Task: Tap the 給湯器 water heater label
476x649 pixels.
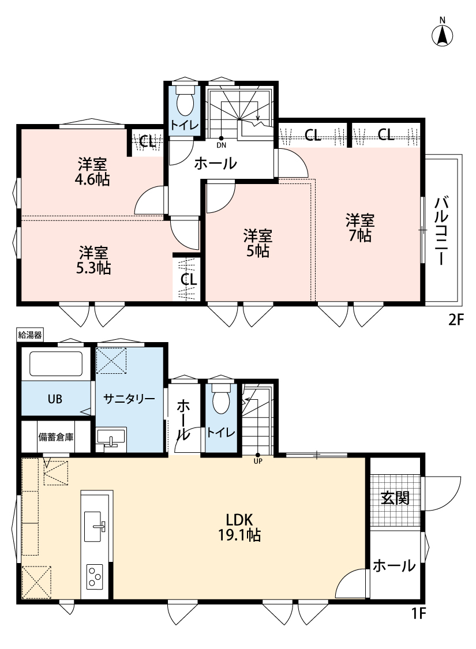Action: click(30, 335)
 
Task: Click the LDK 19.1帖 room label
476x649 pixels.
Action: click(239, 527)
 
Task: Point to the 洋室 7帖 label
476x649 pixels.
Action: click(360, 227)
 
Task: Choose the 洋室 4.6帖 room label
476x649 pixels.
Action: click(93, 172)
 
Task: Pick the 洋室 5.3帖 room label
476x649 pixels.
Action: click(93, 260)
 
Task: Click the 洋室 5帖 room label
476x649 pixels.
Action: click(257, 243)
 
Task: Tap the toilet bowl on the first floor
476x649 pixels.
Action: click(220, 398)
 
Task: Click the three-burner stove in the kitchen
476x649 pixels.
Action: click(95, 576)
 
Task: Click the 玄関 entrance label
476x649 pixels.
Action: click(395, 498)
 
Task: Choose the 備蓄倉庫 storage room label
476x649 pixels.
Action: click(56, 437)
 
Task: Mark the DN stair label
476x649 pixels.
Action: click(221, 145)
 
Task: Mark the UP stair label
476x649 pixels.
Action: click(258, 461)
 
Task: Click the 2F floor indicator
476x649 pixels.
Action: click(456, 320)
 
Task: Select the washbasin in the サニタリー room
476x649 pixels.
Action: click(111, 438)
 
